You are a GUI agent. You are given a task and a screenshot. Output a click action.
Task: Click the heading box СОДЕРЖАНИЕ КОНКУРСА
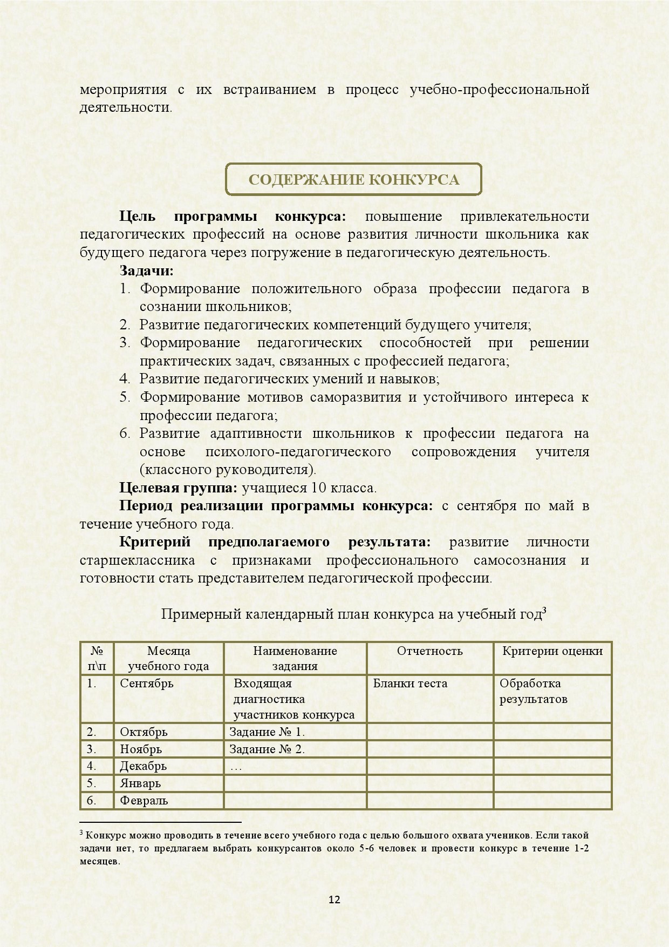[353, 179]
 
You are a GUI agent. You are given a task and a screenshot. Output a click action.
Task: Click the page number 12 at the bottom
[334, 899]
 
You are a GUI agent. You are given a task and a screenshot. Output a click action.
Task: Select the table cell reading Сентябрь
[147, 684]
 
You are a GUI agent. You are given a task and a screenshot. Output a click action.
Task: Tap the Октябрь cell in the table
[144, 732]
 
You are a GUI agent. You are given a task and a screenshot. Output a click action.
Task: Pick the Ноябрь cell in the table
[141, 749]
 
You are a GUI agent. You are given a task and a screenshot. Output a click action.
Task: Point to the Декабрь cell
[143, 766]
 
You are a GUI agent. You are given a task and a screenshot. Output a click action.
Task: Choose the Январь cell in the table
[140, 783]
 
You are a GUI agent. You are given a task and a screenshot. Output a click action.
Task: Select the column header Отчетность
[429, 651]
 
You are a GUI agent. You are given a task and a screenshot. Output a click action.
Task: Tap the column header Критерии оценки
[552, 651]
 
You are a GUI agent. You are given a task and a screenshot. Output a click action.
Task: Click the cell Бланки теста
[410, 684]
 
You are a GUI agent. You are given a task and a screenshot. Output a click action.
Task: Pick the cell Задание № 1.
[267, 732]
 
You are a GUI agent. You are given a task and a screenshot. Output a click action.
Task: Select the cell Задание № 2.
[267, 749]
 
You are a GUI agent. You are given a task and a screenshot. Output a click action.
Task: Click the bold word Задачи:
[146, 270]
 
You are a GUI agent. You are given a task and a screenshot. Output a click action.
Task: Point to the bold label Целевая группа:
[178, 488]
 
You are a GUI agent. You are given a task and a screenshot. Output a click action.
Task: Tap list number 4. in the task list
[125, 379]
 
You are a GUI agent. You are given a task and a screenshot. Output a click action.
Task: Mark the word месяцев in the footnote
[99, 862]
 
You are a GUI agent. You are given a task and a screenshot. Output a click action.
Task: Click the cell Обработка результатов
[533, 691]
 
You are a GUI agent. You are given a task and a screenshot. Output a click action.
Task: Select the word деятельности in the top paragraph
[125, 107]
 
